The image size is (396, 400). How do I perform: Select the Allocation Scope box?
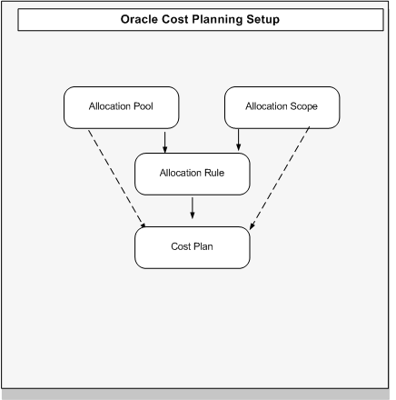(282, 107)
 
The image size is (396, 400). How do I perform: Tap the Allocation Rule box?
(193, 173)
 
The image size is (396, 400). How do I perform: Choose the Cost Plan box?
(193, 247)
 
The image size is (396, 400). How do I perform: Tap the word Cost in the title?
(176, 19)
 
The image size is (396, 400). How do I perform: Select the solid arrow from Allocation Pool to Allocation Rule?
(164, 140)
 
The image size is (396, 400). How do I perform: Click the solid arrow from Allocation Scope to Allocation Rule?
(238, 140)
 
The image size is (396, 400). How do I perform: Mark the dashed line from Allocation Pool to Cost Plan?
(115, 177)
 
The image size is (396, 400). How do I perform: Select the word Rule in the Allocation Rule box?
(214, 173)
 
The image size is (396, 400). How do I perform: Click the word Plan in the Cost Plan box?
(203, 247)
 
